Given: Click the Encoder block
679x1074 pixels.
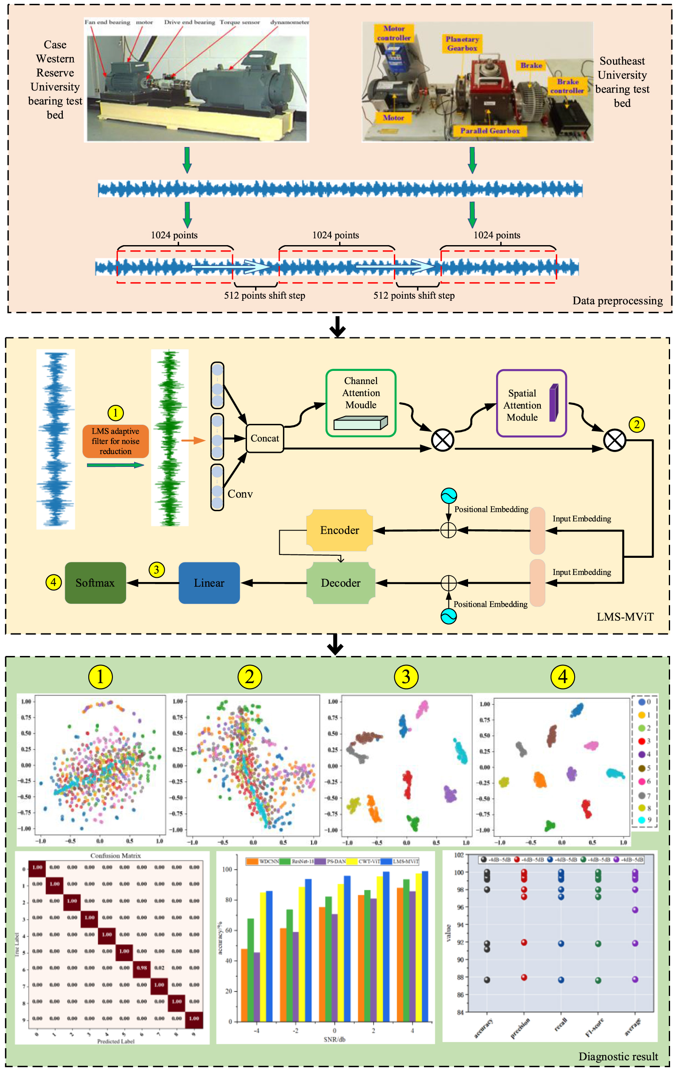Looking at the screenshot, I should (339, 530).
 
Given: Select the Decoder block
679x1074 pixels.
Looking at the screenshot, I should (341, 583).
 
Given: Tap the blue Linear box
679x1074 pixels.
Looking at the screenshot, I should (209, 583).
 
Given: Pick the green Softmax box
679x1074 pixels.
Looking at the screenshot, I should (95, 583).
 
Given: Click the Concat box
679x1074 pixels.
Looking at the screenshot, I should (265, 438).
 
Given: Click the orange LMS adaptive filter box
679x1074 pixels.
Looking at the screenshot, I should (115, 441).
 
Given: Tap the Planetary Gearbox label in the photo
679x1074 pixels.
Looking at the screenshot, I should (462, 44).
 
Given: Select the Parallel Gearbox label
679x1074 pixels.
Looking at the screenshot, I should (490, 131).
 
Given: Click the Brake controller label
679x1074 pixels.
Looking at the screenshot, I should (567, 86).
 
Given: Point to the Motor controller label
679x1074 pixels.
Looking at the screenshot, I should (394, 34).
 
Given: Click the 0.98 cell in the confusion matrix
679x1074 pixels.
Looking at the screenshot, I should (142, 968).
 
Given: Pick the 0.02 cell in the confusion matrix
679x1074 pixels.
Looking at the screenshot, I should (160, 968).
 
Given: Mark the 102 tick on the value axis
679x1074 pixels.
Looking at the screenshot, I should (459, 855).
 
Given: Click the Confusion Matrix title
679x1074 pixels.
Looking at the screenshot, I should (115, 856).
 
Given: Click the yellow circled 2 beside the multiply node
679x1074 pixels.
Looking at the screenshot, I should (637, 424).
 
